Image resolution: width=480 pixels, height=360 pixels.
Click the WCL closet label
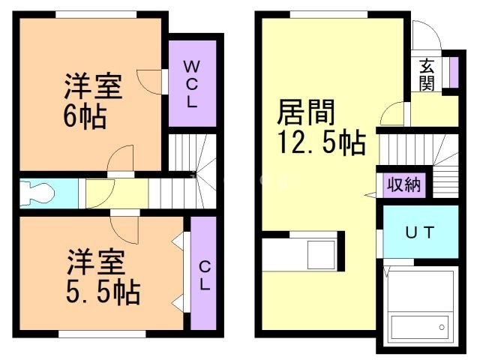[191, 82]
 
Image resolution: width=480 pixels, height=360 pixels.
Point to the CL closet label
[203, 275]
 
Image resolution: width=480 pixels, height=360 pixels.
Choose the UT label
[420, 232]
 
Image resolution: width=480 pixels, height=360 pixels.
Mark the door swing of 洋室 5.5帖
[124, 223]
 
